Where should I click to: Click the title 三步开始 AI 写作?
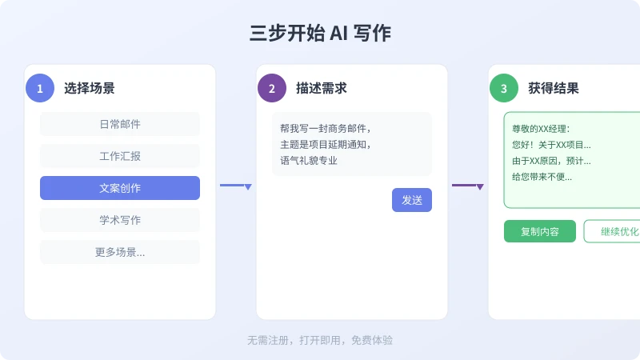pos(320,33)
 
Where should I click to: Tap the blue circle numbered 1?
pos(40,88)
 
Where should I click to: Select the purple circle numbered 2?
pos(272,88)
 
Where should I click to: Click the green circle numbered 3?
pos(504,88)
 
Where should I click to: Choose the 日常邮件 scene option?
pos(120,124)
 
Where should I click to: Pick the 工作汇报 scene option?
pos(120,156)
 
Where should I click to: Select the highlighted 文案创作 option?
pos(120,188)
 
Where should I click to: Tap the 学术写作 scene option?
pos(120,220)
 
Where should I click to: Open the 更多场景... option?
pos(120,252)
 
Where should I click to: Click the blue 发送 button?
pos(412,200)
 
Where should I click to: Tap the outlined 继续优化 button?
pos(612,231)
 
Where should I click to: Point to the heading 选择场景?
pos(90,88)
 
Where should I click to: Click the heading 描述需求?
pos(322,88)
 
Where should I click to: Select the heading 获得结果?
pos(554,88)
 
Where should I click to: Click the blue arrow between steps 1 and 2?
pos(236,186)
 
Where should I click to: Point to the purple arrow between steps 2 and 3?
pos(468,186)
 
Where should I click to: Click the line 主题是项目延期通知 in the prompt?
pos(326,145)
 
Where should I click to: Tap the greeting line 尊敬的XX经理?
pos(541,129)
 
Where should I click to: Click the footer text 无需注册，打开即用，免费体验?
pos(320,341)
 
